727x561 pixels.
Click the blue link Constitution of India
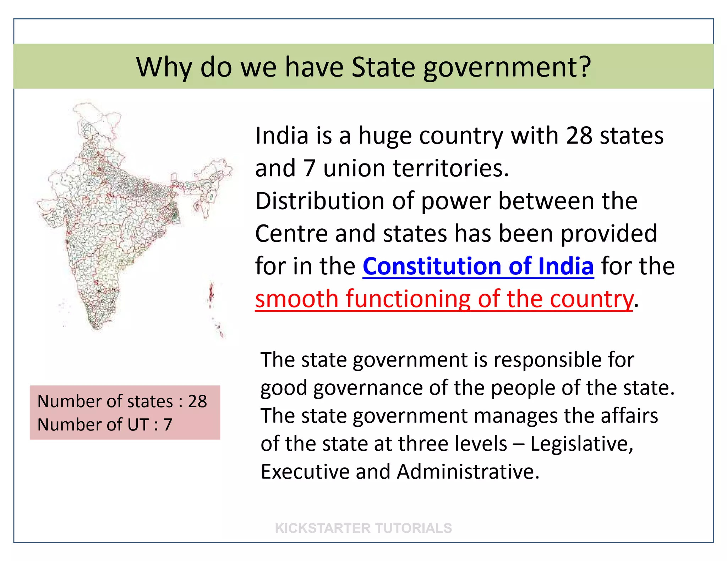(x=478, y=266)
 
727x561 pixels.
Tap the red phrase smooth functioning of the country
(x=444, y=299)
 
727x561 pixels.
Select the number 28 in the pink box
(x=197, y=401)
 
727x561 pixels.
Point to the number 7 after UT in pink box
(x=168, y=424)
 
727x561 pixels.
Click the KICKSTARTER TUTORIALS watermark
(x=363, y=528)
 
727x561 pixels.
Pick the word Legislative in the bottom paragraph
(x=581, y=444)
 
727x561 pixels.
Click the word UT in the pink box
(x=139, y=424)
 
